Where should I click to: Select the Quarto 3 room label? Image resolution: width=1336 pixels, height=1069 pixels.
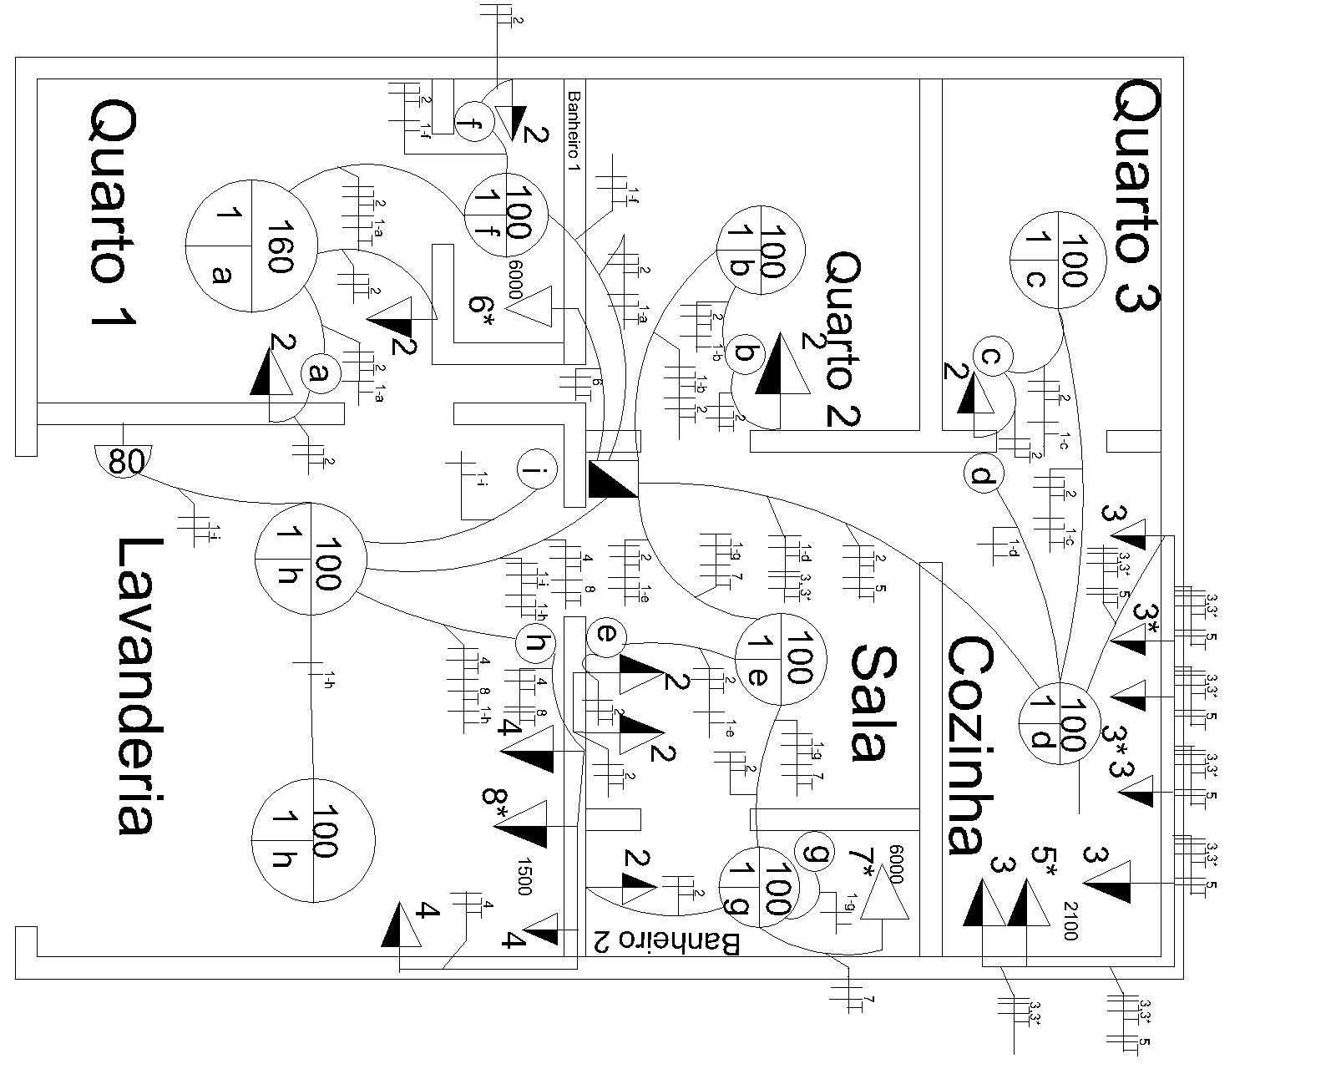(x=1136, y=197)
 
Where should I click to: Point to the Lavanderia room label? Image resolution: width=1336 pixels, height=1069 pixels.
(x=134, y=685)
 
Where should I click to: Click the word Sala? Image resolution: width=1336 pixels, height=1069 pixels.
(x=876, y=702)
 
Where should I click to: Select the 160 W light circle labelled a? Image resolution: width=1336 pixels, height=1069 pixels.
(x=251, y=245)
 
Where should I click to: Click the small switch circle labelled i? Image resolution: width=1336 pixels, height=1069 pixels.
(x=535, y=472)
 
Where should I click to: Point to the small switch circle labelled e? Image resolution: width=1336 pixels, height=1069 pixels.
(x=607, y=637)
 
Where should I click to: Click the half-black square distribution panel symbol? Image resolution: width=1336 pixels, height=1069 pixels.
(x=613, y=479)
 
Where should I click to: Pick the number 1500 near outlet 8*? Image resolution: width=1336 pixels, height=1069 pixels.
(x=524, y=875)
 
